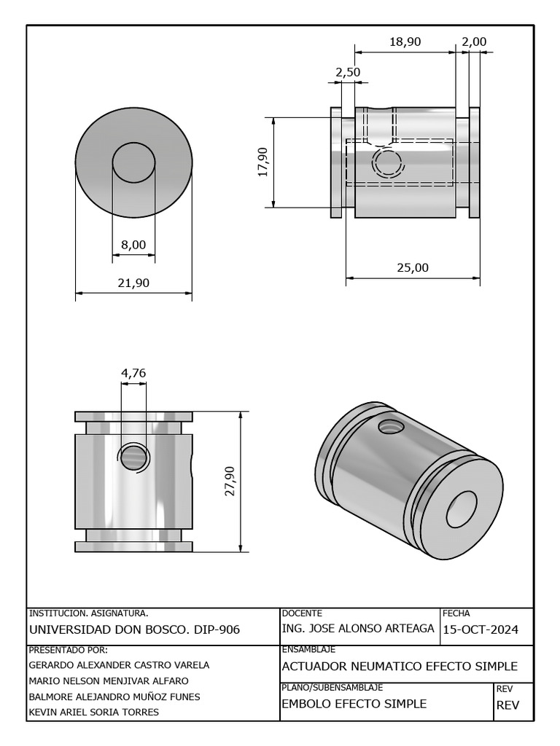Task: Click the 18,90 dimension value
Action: click(x=405, y=42)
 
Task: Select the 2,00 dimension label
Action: click(x=474, y=42)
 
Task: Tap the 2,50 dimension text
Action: click(x=348, y=72)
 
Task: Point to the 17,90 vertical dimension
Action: click(x=263, y=162)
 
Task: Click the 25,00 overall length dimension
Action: click(x=412, y=267)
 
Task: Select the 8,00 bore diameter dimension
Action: click(x=133, y=245)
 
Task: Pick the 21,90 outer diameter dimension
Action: click(x=133, y=283)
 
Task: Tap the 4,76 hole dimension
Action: click(x=133, y=373)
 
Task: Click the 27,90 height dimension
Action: click(x=230, y=481)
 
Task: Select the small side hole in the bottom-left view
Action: click(x=133, y=458)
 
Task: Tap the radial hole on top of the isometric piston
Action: click(x=392, y=426)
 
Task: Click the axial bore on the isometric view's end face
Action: click(x=461, y=508)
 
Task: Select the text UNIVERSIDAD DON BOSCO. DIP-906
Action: click(x=134, y=629)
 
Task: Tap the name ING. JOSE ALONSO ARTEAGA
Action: click(x=357, y=629)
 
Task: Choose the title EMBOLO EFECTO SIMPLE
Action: click(x=354, y=704)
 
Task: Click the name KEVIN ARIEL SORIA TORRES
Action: click(x=93, y=712)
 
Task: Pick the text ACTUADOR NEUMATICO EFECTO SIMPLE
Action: click(x=400, y=666)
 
